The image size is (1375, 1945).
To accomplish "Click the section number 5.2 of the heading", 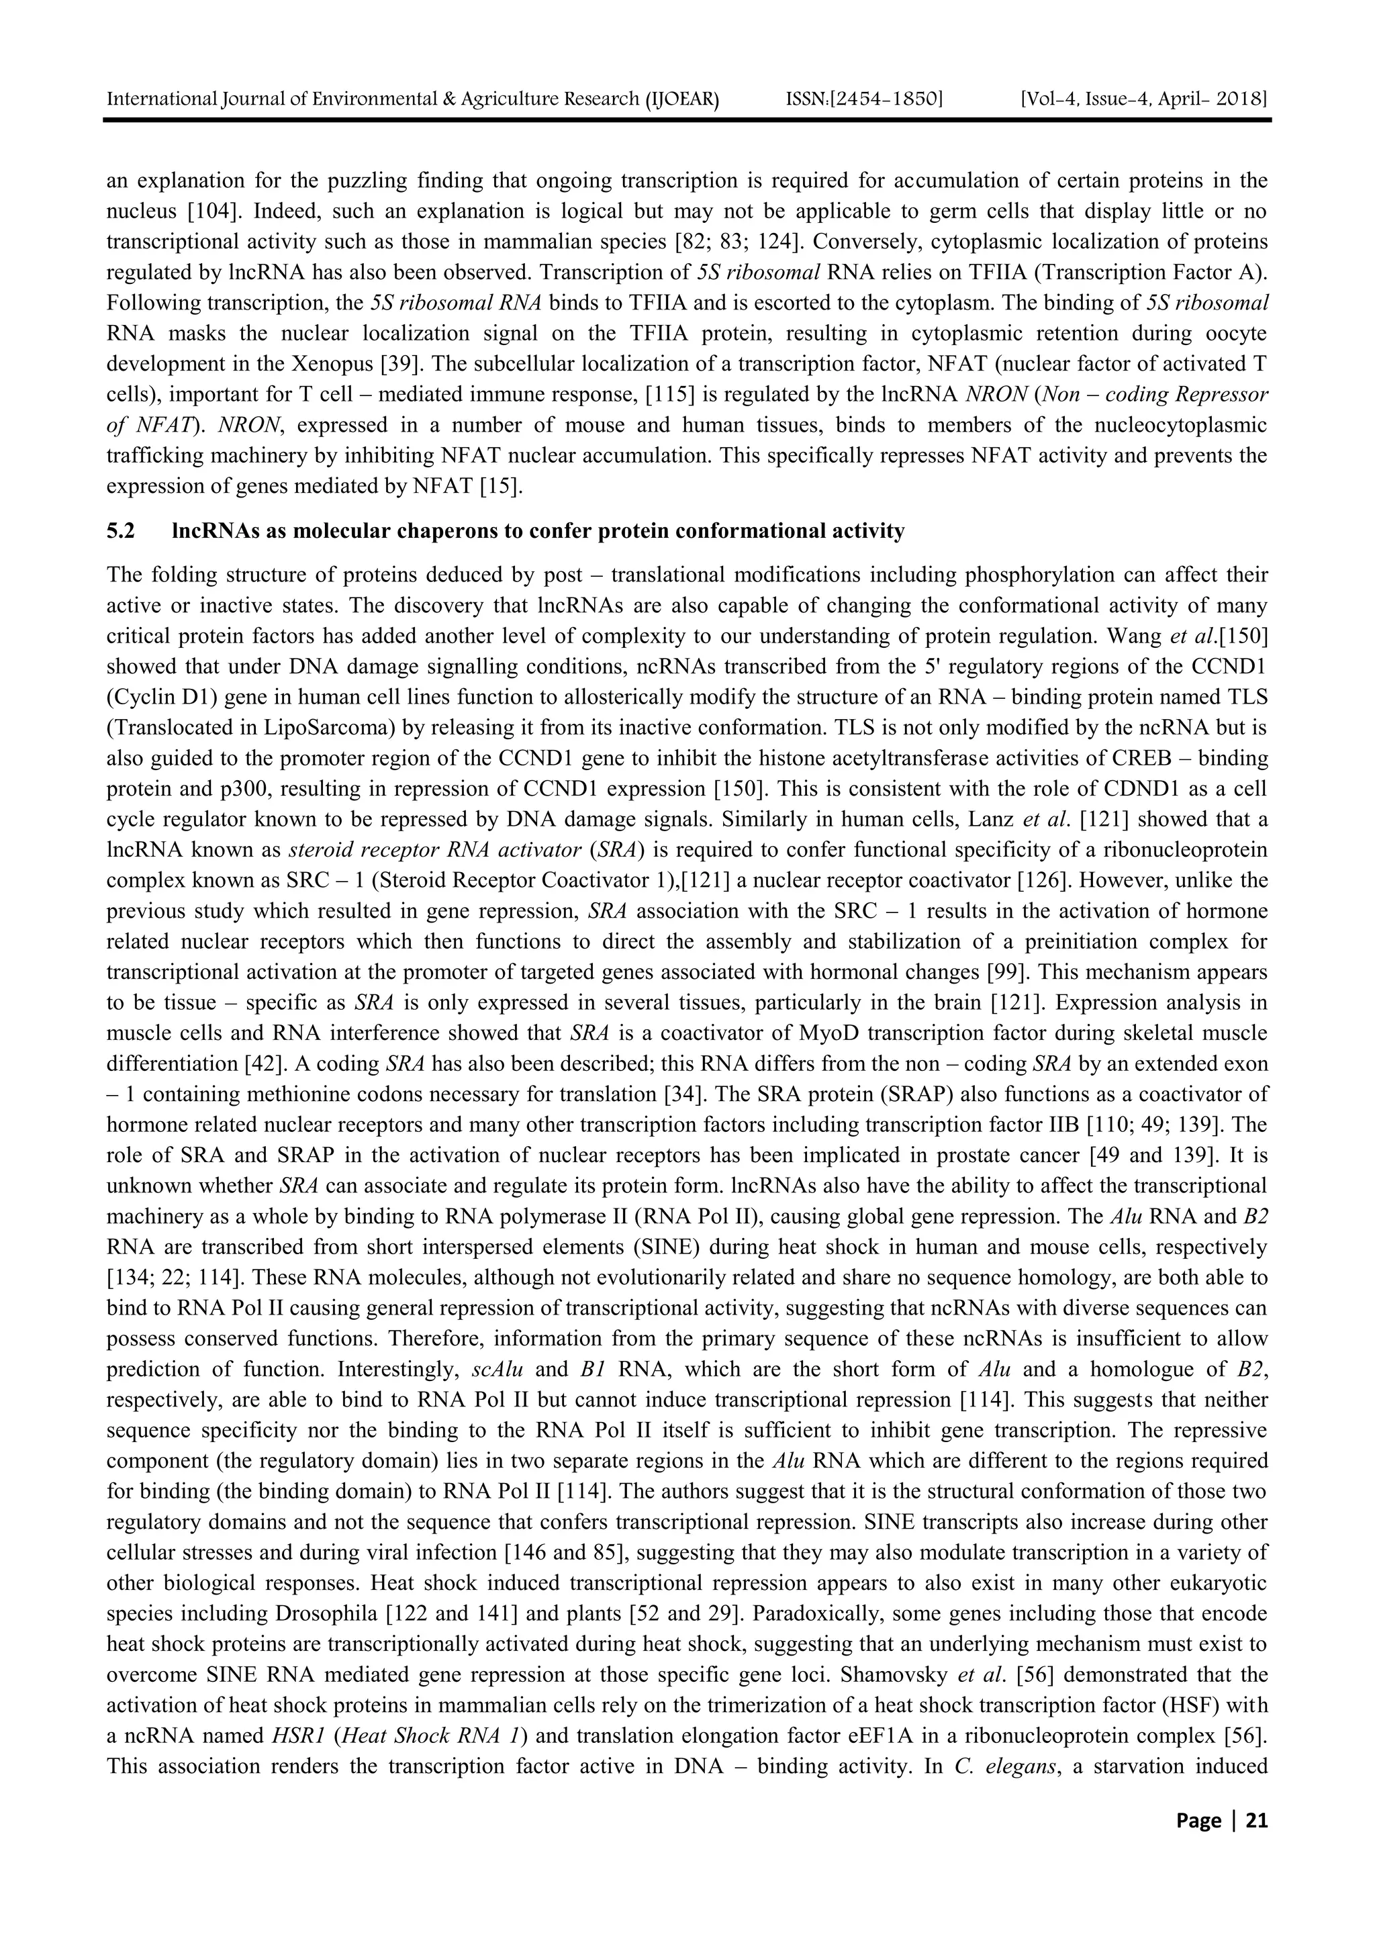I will pos(120,532).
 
